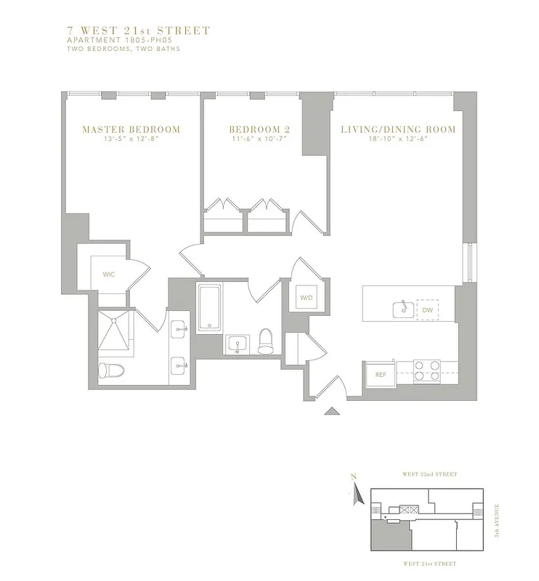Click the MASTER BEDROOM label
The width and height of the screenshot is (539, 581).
(x=131, y=130)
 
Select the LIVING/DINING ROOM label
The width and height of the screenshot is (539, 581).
(x=398, y=130)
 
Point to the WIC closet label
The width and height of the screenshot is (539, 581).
(x=108, y=275)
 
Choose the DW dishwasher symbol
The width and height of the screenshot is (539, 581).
(x=427, y=310)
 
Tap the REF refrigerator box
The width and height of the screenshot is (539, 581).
(x=380, y=375)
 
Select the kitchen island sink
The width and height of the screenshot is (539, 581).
(x=401, y=309)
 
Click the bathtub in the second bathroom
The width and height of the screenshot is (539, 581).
(x=209, y=306)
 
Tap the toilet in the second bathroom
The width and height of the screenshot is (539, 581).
(x=266, y=341)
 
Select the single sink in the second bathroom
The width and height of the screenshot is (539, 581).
(x=238, y=343)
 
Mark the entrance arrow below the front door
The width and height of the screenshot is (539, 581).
(x=331, y=411)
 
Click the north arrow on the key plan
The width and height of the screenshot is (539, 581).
(x=355, y=494)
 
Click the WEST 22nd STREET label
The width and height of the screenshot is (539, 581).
(x=429, y=474)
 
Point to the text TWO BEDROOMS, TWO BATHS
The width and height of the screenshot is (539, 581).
(x=113, y=49)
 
